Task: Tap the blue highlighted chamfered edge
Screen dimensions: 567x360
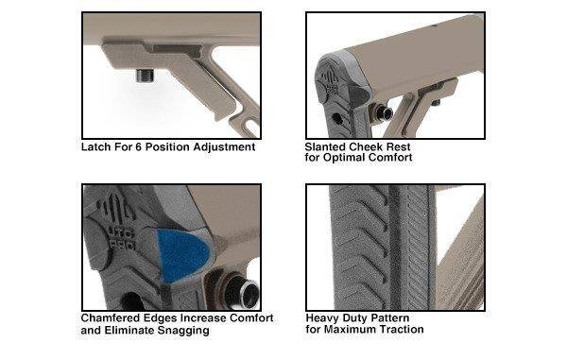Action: click(x=182, y=255)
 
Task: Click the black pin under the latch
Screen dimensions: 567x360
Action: click(x=145, y=76)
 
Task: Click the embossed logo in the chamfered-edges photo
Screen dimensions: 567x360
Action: click(x=117, y=221)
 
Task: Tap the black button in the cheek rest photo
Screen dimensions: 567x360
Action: click(x=384, y=113)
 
